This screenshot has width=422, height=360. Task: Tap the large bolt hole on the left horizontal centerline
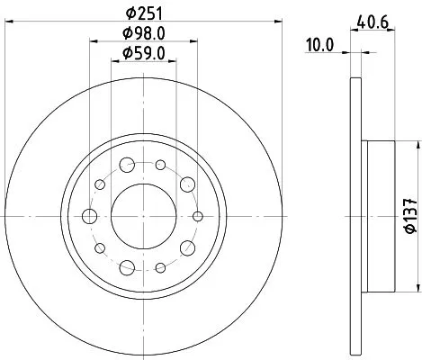click(90, 216)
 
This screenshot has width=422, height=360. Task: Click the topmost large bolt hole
click(127, 165)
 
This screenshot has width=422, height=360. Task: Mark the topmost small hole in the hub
click(159, 165)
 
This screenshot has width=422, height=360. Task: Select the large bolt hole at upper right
click(187, 184)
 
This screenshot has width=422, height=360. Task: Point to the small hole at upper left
click(100, 184)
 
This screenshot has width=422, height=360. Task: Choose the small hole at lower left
click(100, 247)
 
